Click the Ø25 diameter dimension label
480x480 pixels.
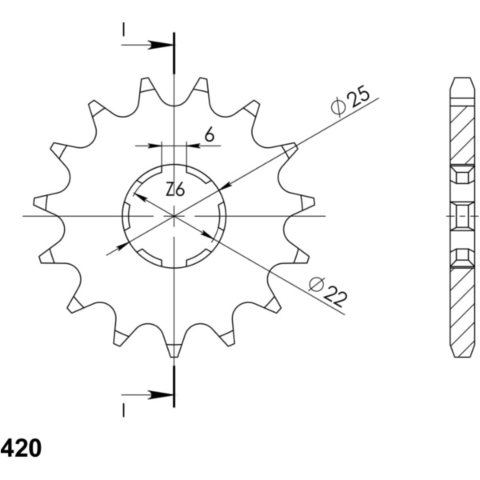click(x=350, y=102)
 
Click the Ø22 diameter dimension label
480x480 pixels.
click(x=328, y=292)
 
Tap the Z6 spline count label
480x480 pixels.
click(x=175, y=189)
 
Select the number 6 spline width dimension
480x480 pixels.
click(x=210, y=134)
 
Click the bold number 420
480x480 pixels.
click(x=21, y=449)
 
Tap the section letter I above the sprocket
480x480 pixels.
click(x=123, y=30)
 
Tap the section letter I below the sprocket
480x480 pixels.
click(x=123, y=410)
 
